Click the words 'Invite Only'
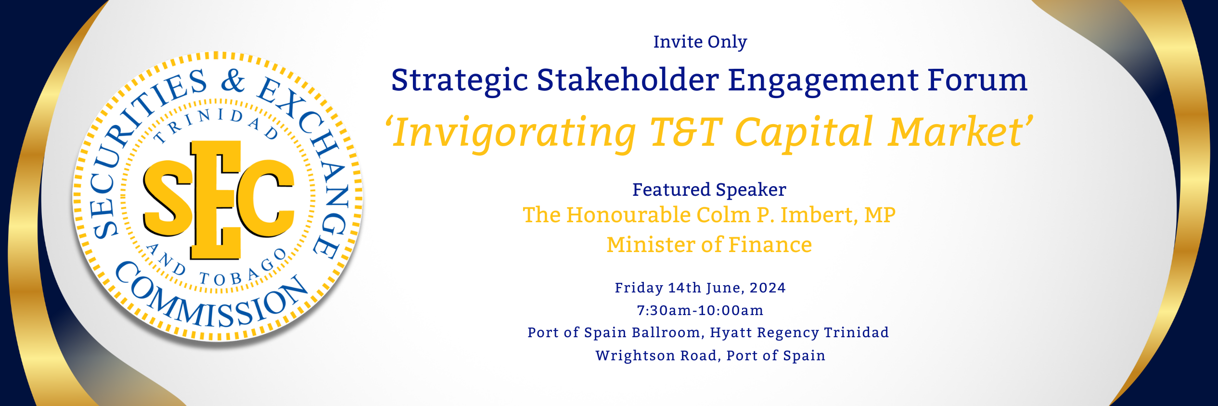[700, 42]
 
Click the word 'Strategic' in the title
[459, 80]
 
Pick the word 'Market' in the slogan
[957, 131]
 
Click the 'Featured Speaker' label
[709, 190]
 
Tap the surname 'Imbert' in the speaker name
[819, 215]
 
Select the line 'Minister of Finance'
[709, 245]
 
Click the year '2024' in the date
[768, 288]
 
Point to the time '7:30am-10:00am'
[700, 310]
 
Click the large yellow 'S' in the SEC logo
[168, 198]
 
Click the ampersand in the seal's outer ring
[233, 80]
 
